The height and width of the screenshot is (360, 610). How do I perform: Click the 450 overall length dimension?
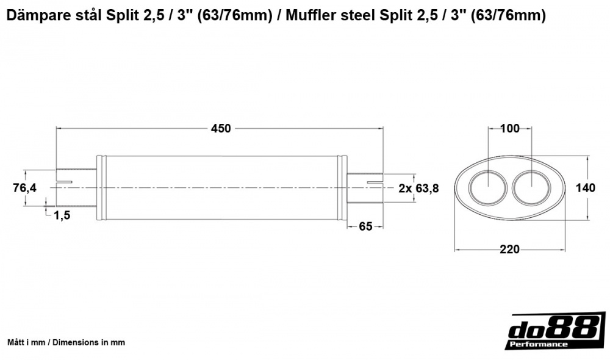tap(221, 128)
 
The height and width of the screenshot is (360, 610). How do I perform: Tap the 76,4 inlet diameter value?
tap(24, 188)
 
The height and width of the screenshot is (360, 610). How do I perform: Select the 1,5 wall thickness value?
tap(62, 215)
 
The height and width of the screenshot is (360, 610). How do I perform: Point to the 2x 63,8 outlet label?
tap(418, 188)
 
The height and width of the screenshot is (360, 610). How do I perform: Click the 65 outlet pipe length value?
tap(365, 227)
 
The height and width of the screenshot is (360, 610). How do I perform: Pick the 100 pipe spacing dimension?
tap(509, 128)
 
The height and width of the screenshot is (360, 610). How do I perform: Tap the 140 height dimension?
tap(586, 188)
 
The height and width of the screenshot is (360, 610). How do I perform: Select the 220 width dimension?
tap(509, 249)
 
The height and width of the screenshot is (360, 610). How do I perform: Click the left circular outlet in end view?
tap(487, 188)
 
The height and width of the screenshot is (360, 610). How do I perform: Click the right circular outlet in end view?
tap(531, 188)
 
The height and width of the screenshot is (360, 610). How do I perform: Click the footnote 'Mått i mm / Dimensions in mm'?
tap(66, 342)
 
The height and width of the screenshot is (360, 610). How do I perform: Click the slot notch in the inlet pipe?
tap(64, 181)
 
